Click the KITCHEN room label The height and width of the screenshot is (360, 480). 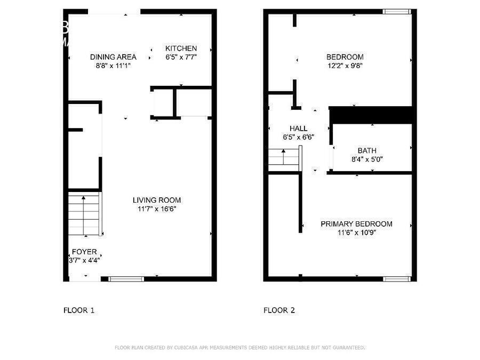[181, 48]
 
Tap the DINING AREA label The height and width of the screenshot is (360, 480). [113, 57]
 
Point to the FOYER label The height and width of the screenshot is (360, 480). [84, 252]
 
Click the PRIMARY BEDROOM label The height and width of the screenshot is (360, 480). [356, 224]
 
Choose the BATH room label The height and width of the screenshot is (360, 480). [367, 150]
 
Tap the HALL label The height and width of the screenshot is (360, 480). [298, 129]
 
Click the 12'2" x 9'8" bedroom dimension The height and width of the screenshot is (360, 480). [345, 66]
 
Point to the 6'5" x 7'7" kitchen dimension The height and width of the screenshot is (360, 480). [181, 57]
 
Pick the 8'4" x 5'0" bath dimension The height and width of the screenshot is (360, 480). [367, 159]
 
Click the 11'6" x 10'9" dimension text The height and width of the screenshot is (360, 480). [356, 233]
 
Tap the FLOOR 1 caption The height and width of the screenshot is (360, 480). [79, 310]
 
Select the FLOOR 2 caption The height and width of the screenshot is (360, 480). [279, 310]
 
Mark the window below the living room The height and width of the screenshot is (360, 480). [126, 278]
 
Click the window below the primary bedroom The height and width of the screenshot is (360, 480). [397, 278]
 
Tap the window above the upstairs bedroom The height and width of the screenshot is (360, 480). [397, 11]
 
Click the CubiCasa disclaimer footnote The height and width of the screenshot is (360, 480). [240, 348]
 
